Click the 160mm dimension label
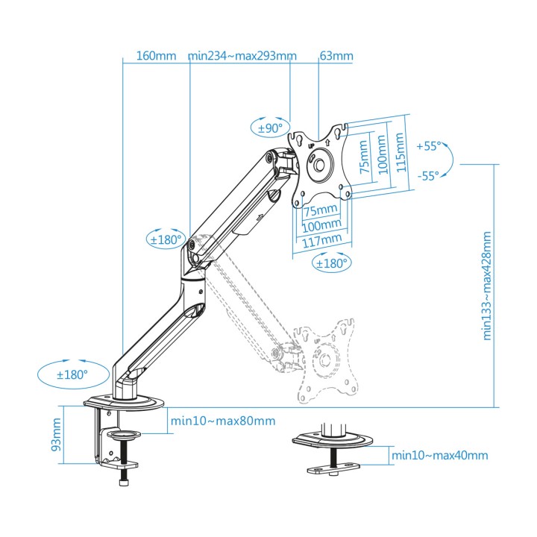pyautogui.click(x=156, y=56)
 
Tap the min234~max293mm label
pyautogui.click(x=242, y=56)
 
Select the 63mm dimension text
pyautogui.click(x=336, y=56)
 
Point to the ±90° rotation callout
pyautogui.click(x=270, y=128)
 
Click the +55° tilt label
pyautogui.click(x=428, y=146)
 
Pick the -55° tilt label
pyautogui.click(x=428, y=176)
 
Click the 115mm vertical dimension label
pyautogui.click(x=400, y=152)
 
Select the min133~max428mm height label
pyautogui.click(x=486, y=286)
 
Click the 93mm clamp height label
pyautogui.click(x=56, y=435)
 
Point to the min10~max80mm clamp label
pyautogui.click(x=223, y=421)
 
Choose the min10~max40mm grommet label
pyautogui.click(x=440, y=456)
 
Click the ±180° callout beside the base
pyautogui.click(x=72, y=374)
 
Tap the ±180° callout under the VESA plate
pyautogui.click(x=332, y=263)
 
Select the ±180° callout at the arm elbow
pyautogui.click(x=166, y=239)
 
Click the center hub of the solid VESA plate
pyautogui.click(x=320, y=165)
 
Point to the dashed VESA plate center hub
pyautogui.click(x=324, y=360)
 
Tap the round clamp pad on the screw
pyautogui.click(x=124, y=435)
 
